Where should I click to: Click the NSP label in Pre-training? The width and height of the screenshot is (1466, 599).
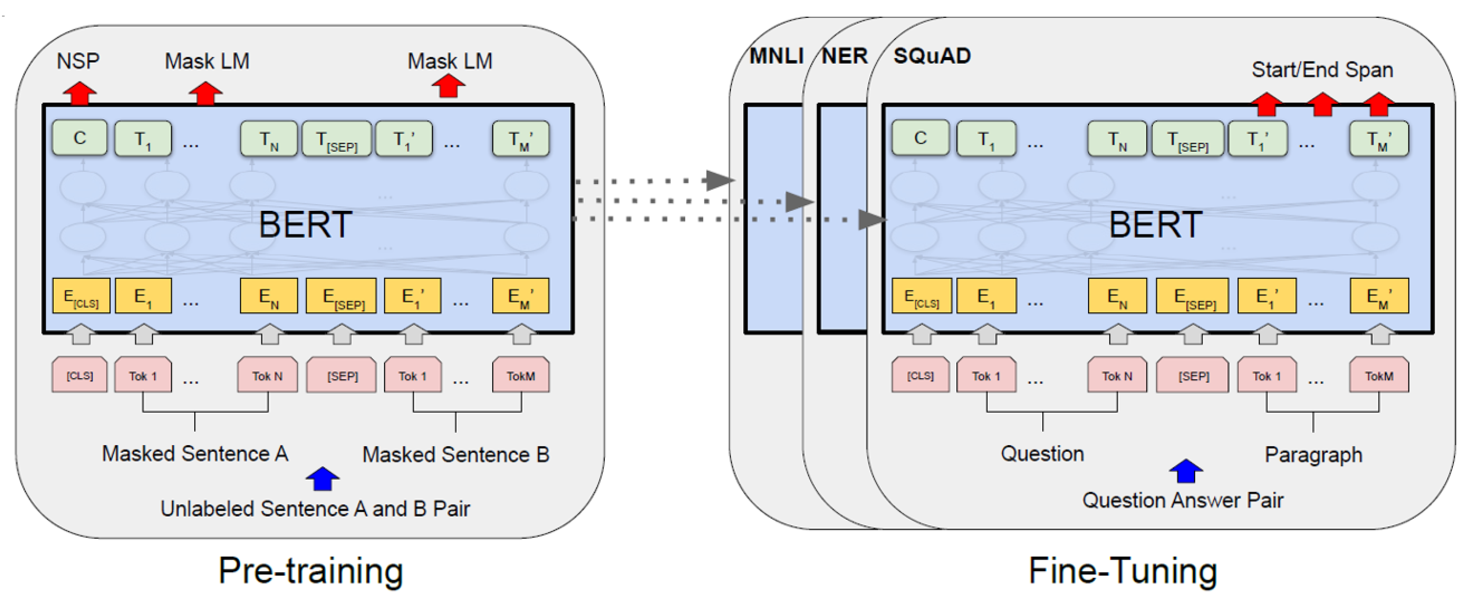click(x=78, y=61)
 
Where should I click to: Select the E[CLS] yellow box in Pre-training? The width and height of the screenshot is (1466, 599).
click(x=81, y=296)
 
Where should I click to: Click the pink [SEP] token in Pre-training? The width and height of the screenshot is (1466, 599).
click(x=341, y=375)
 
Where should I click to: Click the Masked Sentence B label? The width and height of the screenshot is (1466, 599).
click(x=455, y=455)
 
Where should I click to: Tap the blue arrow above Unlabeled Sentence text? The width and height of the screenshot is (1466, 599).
click(x=323, y=478)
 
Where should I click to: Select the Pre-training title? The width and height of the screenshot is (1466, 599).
click(x=311, y=570)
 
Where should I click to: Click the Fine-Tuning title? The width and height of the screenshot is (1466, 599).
click(x=1123, y=570)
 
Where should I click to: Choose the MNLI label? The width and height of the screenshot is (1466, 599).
click(x=776, y=56)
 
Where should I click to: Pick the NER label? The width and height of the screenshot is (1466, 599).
click(x=844, y=56)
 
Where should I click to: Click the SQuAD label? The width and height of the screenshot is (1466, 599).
click(x=932, y=56)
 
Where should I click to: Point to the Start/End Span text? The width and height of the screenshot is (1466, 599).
click(x=1322, y=69)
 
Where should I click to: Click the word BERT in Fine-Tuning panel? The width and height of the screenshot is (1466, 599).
click(x=1155, y=225)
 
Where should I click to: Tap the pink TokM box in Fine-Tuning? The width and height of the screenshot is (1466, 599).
click(x=1379, y=375)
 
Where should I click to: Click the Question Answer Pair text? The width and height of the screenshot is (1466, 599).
click(x=1183, y=500)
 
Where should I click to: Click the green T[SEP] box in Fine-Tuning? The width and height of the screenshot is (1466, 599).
click(x=1188, y=139)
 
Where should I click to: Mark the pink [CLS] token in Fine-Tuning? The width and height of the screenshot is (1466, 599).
click(x=920, y=375)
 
